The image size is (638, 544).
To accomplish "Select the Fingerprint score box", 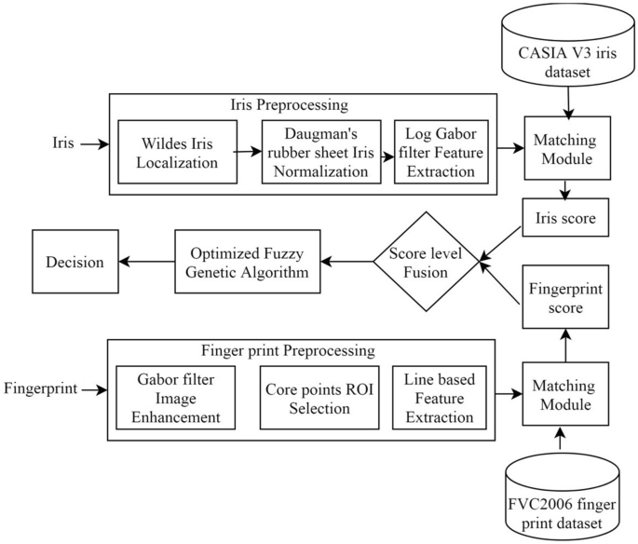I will coord(559,296).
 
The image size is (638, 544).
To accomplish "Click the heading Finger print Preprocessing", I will coord(288,351).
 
